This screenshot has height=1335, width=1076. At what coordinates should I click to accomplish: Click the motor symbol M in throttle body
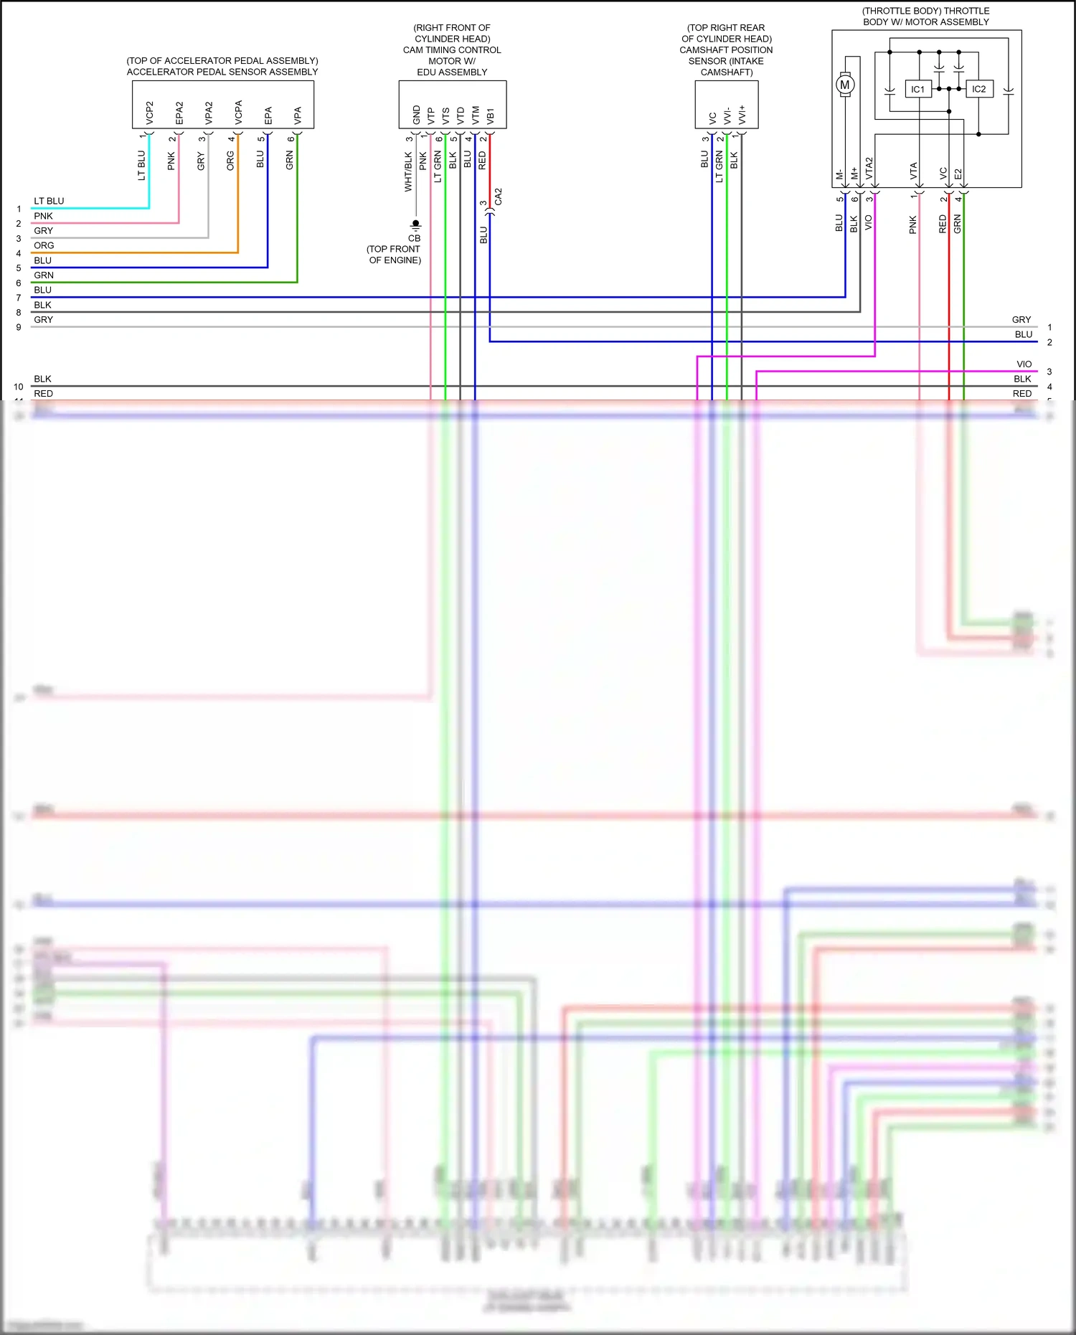tap(845, 85)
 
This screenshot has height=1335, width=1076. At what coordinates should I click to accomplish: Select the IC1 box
tap(918, 89)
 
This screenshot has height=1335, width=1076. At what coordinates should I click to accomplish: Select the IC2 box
tap(979, 89)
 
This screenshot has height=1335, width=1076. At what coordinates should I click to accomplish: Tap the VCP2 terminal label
tap(150, 112)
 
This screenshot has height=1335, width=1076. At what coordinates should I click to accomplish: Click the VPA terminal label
tap(298, 115)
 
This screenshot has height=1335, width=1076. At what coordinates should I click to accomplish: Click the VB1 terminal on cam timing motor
tap(491, 115)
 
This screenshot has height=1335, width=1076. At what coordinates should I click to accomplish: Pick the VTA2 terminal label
tap(869, 168)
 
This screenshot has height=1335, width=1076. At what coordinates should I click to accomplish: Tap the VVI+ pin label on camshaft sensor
tap(742, 113)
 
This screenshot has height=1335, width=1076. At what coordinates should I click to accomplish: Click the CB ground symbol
tap(415, 225)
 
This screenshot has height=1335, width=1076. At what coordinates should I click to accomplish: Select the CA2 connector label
tap(499, 197)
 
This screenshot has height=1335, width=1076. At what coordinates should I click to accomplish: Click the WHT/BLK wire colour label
tap(408, 171)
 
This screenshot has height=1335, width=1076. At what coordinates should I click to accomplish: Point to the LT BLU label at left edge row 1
tap(49, 201)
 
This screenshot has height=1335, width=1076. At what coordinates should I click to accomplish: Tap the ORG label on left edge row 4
tap(44, 245)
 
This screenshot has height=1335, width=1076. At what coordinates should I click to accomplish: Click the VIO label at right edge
tap(1024, 364)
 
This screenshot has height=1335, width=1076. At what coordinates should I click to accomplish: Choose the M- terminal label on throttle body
tap(839, 174)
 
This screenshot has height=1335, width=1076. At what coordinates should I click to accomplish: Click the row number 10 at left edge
tap(19, 387)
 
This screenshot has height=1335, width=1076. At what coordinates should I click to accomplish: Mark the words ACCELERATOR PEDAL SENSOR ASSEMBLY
tap(222, 72)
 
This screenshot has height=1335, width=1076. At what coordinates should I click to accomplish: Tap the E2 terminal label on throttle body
tap(958, 174)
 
